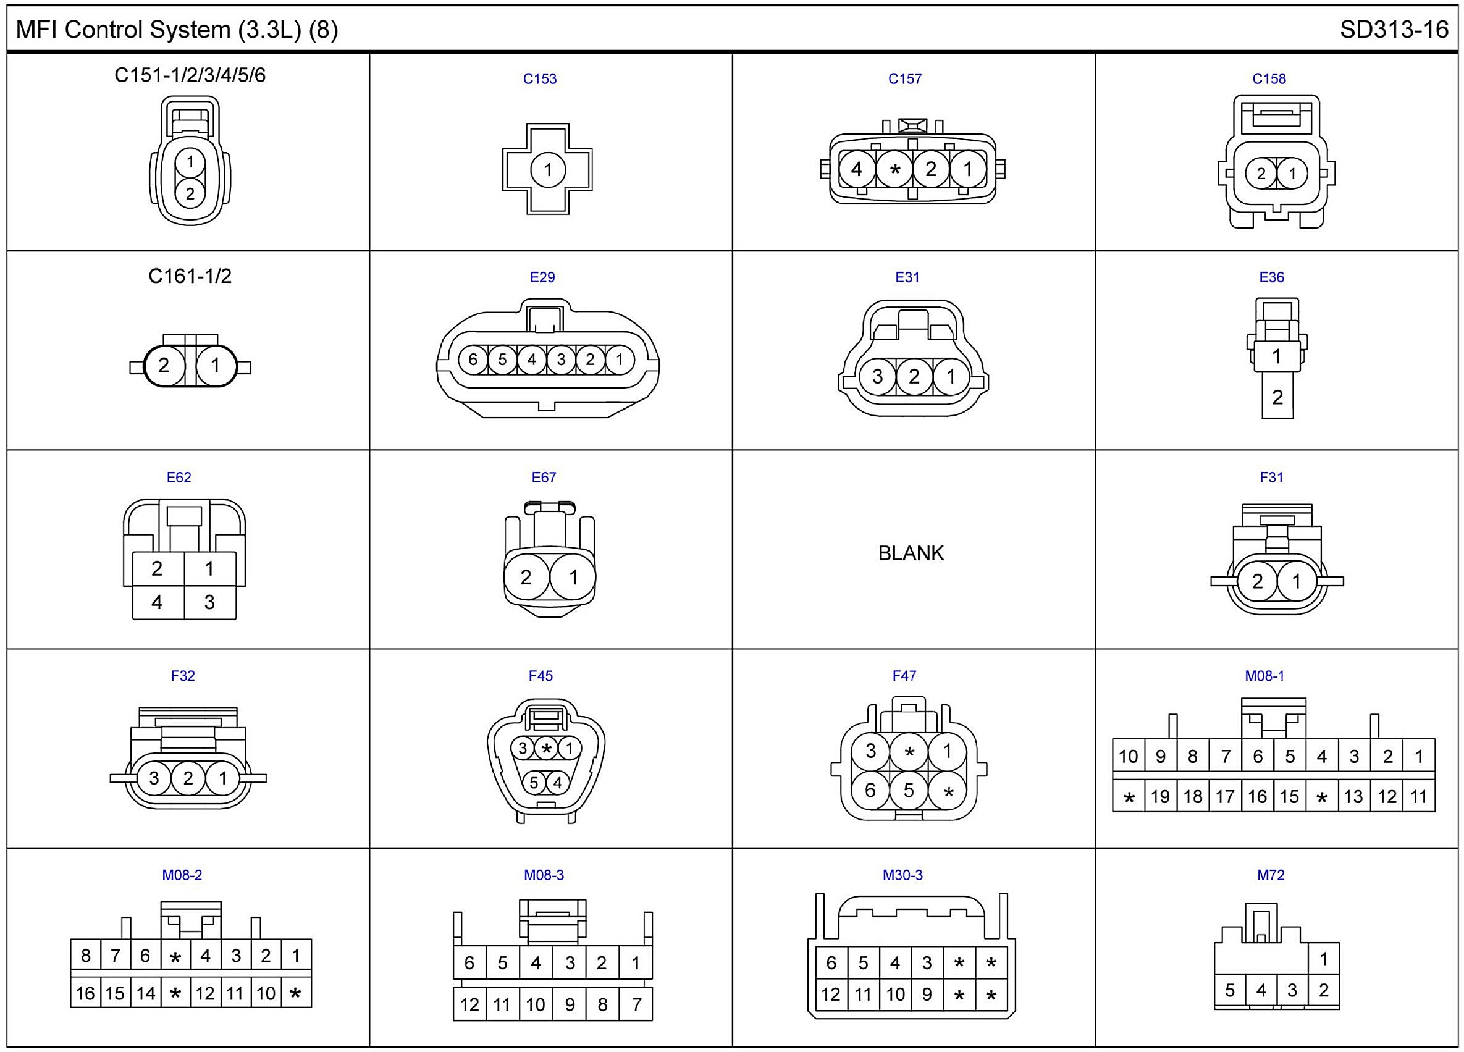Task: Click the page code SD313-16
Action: click(x=1394, y=30)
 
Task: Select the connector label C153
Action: click(x=540, y=78)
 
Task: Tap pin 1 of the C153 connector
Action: click(x=548, y=170)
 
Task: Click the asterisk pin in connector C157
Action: click(x=894, y=170)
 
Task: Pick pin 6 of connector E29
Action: click(x=473, y=360)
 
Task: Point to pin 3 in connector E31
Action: click(x=877, y=376)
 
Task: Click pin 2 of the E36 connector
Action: click(x=1277, y=397)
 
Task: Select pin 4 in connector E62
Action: click(x=158, y=602)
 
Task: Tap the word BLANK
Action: click(x=911, y=553)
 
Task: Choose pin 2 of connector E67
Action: click(x=526, y=577)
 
